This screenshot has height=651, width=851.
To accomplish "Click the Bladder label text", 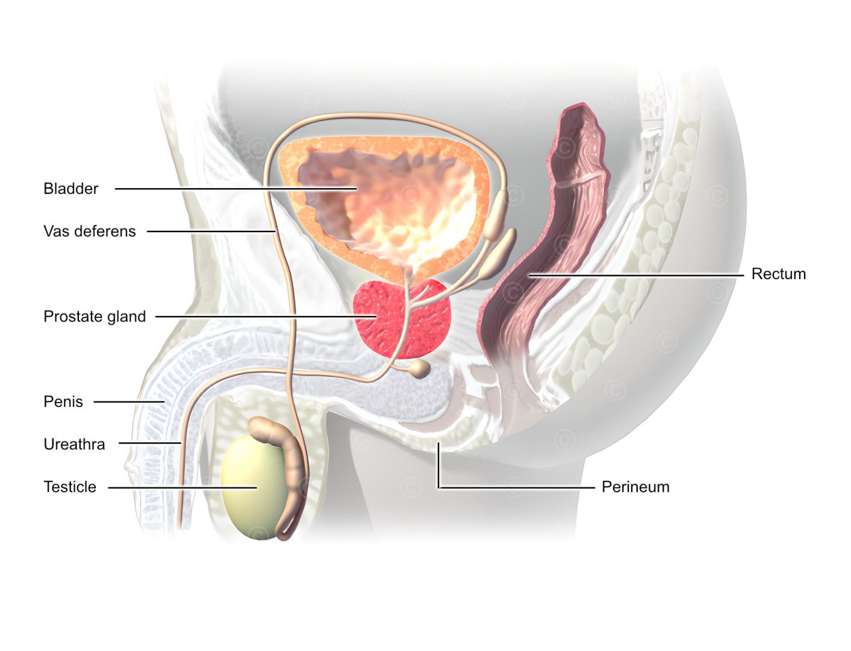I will [70, 189].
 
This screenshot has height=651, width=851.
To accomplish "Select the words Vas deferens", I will [89, 231].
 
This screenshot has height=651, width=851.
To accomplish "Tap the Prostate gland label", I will [95, 316].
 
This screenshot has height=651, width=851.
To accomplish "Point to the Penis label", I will [63, 401].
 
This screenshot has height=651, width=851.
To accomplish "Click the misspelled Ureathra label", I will [74, 444].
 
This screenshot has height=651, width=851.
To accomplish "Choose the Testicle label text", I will [70, 487].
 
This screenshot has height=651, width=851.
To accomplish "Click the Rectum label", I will [778, 274].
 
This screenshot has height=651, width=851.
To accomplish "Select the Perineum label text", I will [635, 487].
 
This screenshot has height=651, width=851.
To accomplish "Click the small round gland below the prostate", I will [420, 368].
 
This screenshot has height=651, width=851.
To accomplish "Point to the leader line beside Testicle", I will [181, 488].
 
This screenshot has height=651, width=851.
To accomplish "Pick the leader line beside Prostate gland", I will [253, 316].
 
